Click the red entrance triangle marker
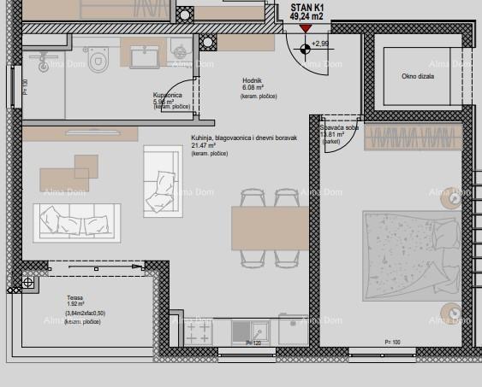pos(306,28)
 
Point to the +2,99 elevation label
pos(320,43)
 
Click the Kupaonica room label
pos(168,95)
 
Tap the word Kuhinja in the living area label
pos(204,138)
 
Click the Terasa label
pos(76,298)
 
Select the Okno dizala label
pos(417,76)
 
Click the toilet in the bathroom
pos(99,58)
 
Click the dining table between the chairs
pos(270,228)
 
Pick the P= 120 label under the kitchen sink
pos(253,343)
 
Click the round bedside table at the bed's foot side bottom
pos(450,312)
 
